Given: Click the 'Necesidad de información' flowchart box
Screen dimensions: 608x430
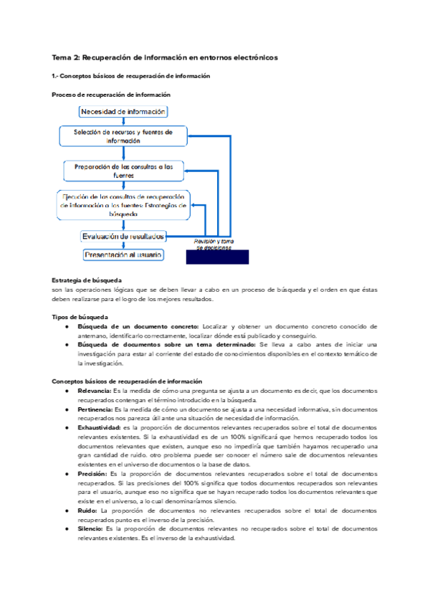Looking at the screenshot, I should [x=123, y=112].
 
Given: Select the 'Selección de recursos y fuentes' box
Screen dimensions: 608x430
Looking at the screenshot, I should [x=123, y=137].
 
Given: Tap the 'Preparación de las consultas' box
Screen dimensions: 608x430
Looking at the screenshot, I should [x=123, y=171].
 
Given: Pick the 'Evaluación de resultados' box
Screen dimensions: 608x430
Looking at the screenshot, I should [x=123, y=236].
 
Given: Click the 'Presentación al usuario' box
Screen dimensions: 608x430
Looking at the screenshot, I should [x=123, y=255].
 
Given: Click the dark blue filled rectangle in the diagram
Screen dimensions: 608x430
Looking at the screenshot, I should [x=218, y=257].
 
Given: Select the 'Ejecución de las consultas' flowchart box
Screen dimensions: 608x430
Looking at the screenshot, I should [x=123, y=204].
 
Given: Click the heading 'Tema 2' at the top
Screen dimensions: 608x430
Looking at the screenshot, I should [x=164, y=57].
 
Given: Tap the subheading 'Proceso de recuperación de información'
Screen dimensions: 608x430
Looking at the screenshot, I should [x=111, y=95].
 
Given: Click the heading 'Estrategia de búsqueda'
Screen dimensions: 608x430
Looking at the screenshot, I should [x=87, y=280].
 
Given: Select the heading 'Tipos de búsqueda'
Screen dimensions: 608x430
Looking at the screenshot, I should [x=80, y=316].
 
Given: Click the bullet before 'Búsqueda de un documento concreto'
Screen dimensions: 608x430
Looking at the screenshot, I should [x=66, y=326].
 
